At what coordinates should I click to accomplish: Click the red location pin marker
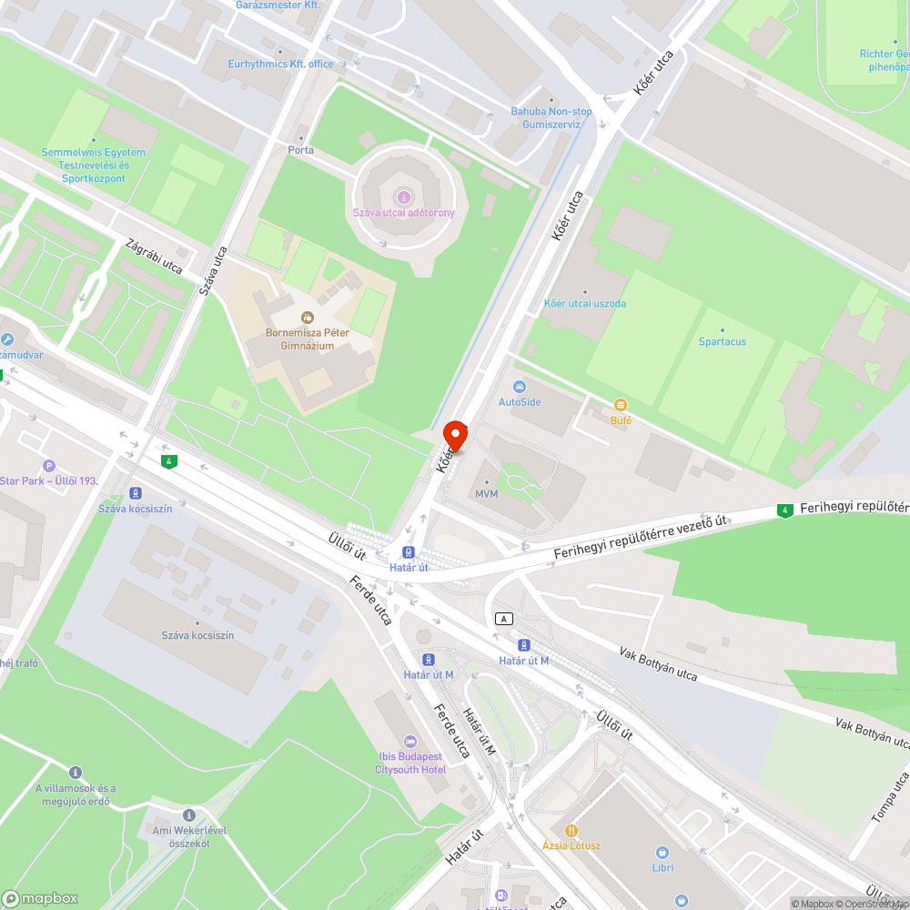pyautogui.click(x=455, y=435)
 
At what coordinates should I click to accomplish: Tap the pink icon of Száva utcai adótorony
pyautogui.click(x=404, y=196)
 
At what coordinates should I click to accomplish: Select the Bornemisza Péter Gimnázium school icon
pyautogui.click(x=307, y=318)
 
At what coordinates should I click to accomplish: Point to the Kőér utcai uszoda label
pyautogui.click(x=584, y=304)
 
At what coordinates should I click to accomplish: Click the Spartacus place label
pyautogui.click(x=723, y=341)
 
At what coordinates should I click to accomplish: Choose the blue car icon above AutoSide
pyautogui.click(x=520, y=387)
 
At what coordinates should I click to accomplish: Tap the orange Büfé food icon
pyautogui.click(x=621, y=405)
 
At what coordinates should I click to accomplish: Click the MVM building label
pyautogui.click(x=487, y=493)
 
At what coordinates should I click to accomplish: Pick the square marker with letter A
pyautogui.click(x=502, y=619)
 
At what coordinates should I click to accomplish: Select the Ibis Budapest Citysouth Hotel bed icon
pyautogui.click(x=410, y=741)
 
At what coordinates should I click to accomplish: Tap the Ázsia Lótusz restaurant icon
pyautogui.click(x=571, y=830)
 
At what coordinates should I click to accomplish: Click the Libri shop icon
pyautogui.click(x=662, y=853)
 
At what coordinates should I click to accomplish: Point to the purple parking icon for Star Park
pyautogui.click(x=49, y=466)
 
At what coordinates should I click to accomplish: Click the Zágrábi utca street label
pyautogui.click(x=155, y=258)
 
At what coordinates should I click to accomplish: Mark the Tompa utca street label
pyautogui.click(x=889, y=798)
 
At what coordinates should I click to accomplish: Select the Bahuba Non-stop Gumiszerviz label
pyautogui.click(x=551, y=117)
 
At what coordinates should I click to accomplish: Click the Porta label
pyautogui.click(x=300, y=150)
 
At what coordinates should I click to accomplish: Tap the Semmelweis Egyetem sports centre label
pyautogui.click(x=93, y=165)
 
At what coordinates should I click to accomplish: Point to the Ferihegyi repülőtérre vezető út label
pyautogui.click(x=641, y=536)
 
